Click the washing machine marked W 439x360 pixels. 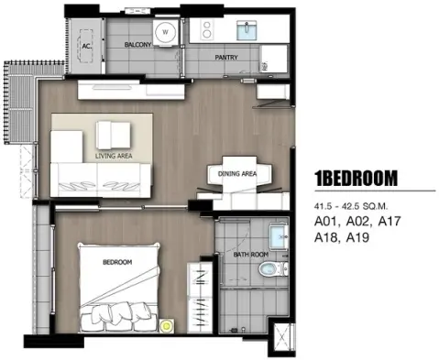point(165,32)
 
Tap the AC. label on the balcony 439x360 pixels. point(87,47)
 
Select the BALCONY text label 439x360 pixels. point(137,45)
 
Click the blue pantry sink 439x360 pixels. point(247,30)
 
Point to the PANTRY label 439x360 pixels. point(226,57)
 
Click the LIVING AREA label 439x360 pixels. point(114,156)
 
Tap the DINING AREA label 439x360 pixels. point(237,174)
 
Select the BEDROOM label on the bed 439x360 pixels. point(117,262)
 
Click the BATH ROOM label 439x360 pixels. point(251,255)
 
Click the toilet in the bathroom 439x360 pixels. point(273,269)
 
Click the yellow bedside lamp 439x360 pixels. point(167,326)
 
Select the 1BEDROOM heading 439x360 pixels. point(357,179)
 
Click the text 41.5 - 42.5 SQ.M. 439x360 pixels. point(351,206)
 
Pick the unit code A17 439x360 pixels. point(389,222)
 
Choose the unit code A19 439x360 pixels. point(357,237)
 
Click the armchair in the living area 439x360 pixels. point(113,135)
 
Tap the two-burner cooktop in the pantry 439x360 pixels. point(207,29)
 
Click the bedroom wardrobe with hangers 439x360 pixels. point(200,297)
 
